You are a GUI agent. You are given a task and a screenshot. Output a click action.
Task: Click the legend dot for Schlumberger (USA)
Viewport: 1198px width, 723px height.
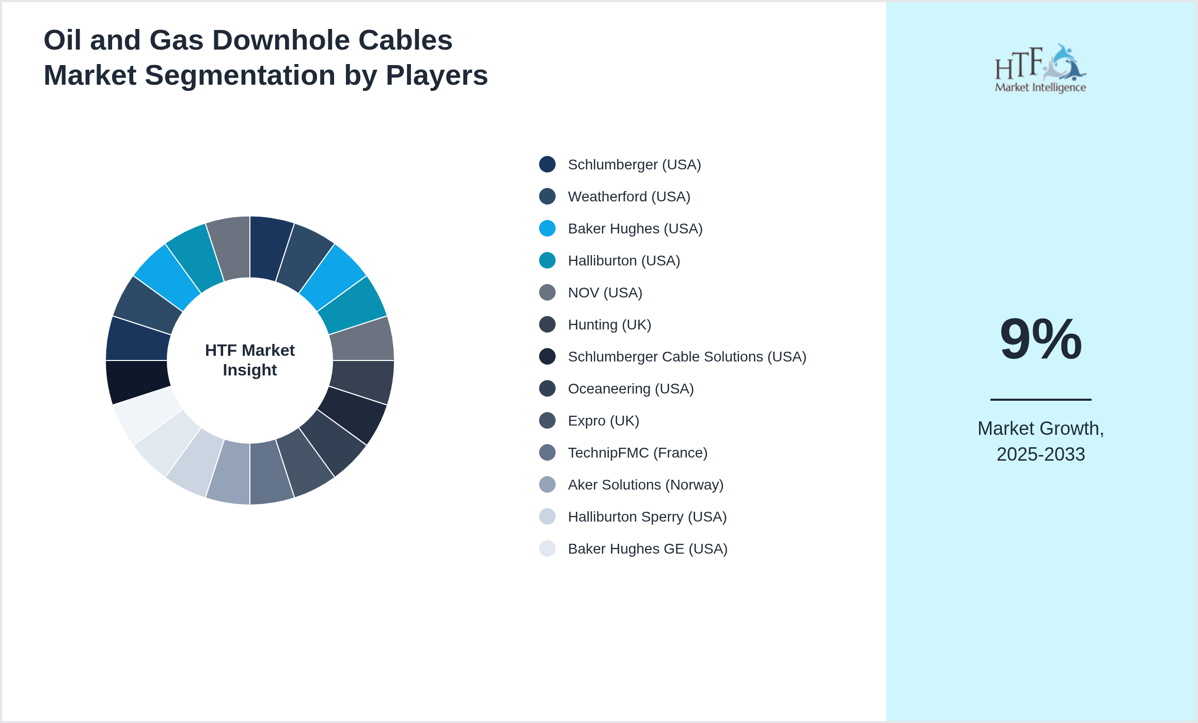[x=547, y=164]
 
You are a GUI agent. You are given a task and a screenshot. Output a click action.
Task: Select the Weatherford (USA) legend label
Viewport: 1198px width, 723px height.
[x=628, y=197]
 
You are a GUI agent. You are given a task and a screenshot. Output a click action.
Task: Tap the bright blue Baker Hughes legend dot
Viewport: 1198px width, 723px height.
[x=547, y=228]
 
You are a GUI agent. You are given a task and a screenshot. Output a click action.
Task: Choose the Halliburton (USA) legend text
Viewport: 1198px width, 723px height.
[x=624, y=261]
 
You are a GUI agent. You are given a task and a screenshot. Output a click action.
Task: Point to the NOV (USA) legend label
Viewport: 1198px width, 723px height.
[x=605, y=293]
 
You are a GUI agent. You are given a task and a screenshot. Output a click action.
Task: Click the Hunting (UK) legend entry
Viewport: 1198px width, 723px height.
[x=609, y=325]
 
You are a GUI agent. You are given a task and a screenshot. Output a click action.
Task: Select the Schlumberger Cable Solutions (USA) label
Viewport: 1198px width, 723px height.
[x=687, y=357]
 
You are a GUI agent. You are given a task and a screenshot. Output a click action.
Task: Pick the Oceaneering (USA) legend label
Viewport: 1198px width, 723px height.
[x=630, y=389]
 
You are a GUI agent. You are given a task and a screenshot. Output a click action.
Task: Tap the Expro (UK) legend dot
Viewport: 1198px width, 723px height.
[x=547, y=420]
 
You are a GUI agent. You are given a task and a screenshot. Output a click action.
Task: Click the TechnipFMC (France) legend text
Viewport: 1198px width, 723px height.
[x=637, y=453]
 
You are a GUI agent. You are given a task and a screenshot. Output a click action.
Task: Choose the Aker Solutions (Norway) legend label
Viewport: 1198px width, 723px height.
[x=645, y=485]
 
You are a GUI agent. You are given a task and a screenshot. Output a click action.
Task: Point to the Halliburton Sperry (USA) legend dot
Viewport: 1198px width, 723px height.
[x=547, y=516]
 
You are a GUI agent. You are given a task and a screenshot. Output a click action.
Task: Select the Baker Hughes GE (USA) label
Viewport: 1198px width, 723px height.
[x=648, y=549]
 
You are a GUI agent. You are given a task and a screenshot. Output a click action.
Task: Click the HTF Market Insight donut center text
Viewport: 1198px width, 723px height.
[x=250, y=360]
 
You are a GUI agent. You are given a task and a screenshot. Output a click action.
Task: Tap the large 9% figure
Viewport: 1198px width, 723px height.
[x=1041, y=339]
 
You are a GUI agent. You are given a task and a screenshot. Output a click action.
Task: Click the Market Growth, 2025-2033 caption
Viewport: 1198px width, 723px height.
[x=1041, y=441]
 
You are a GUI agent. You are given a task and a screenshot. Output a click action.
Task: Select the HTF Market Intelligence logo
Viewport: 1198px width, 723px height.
[x=1040, y=69]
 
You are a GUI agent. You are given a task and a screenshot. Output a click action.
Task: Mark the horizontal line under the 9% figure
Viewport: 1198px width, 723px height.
[x=1041, y=399]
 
